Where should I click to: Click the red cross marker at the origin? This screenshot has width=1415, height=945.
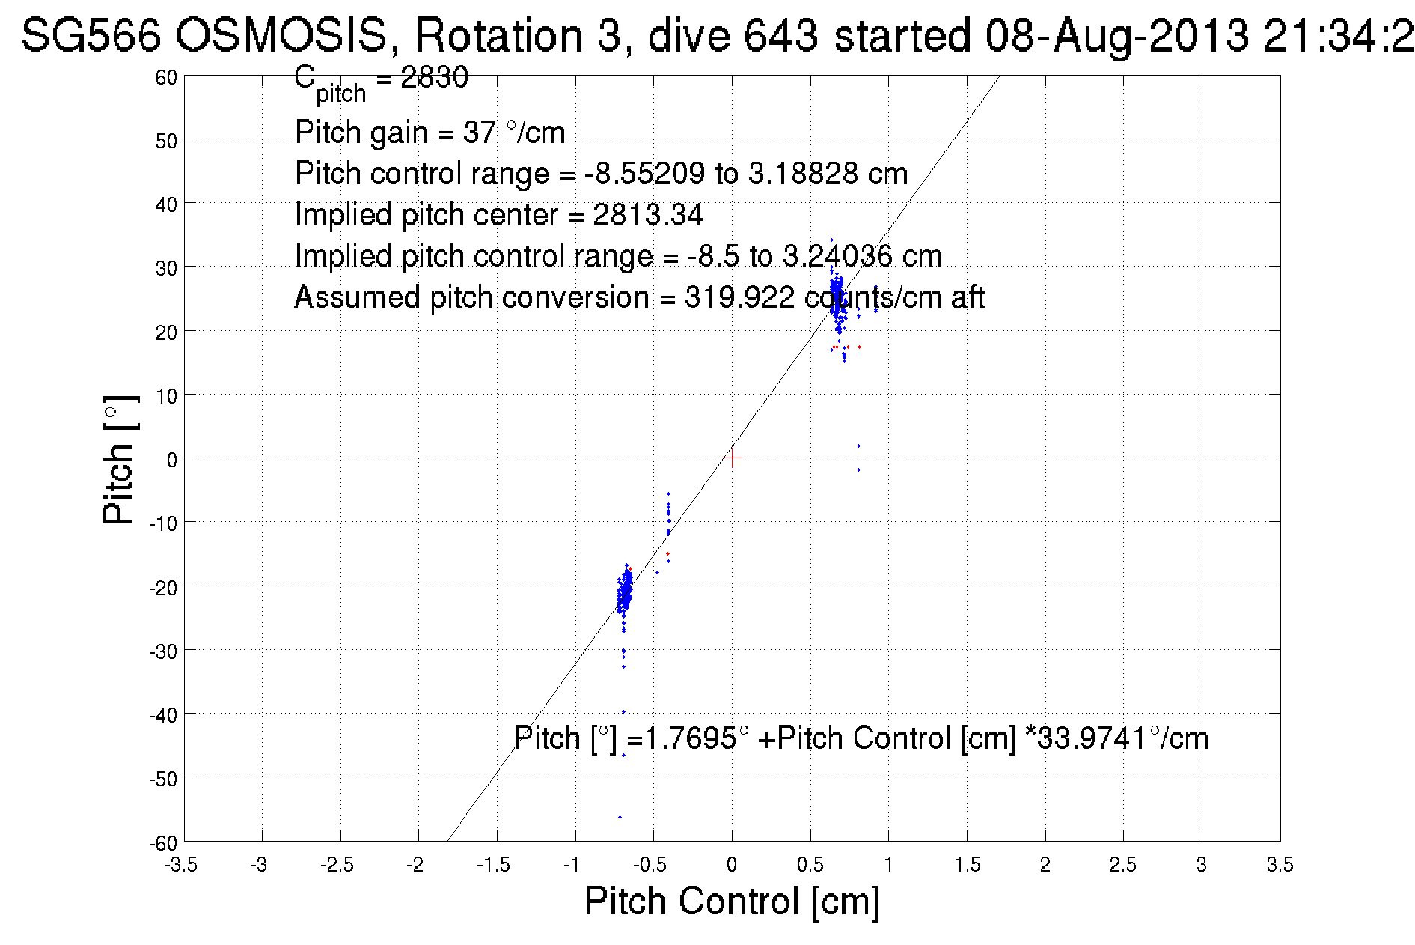732,458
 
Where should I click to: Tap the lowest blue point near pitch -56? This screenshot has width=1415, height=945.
620,817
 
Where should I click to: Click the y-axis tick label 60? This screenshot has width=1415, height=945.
166,77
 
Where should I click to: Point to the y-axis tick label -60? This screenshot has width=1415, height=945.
163,844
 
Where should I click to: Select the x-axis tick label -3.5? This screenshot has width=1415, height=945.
182,866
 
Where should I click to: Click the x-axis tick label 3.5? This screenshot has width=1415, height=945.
1280,866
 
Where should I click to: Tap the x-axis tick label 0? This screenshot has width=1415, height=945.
732,866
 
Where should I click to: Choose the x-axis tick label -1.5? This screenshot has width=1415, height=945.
495,866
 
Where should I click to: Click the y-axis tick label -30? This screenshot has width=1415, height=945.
163,652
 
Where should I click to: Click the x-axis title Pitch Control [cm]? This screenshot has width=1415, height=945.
732,901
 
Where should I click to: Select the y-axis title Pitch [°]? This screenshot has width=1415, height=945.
120,459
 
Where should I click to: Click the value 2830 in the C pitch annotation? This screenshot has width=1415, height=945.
435,77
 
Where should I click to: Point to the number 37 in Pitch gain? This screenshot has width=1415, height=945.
480,133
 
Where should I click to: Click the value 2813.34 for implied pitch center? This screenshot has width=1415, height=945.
648,215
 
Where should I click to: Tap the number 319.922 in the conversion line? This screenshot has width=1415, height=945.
739,297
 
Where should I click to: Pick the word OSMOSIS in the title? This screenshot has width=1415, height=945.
282,35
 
